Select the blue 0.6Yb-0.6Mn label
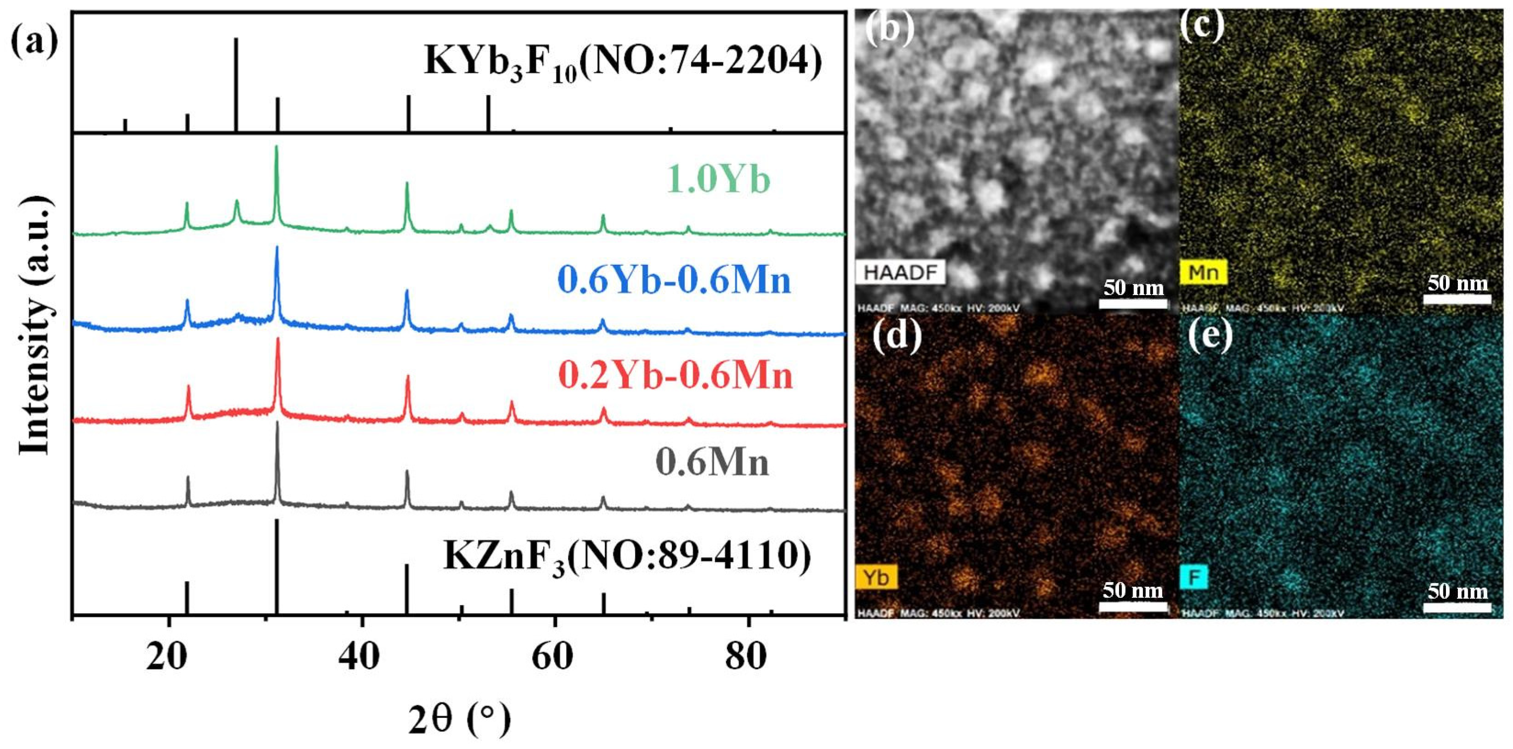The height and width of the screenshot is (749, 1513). pos(674,280)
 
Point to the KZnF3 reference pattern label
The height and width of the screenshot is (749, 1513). pos(627,555)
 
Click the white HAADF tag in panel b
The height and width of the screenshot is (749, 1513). pos(899,273)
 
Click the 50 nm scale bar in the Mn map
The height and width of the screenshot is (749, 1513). pos(1457,299)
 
